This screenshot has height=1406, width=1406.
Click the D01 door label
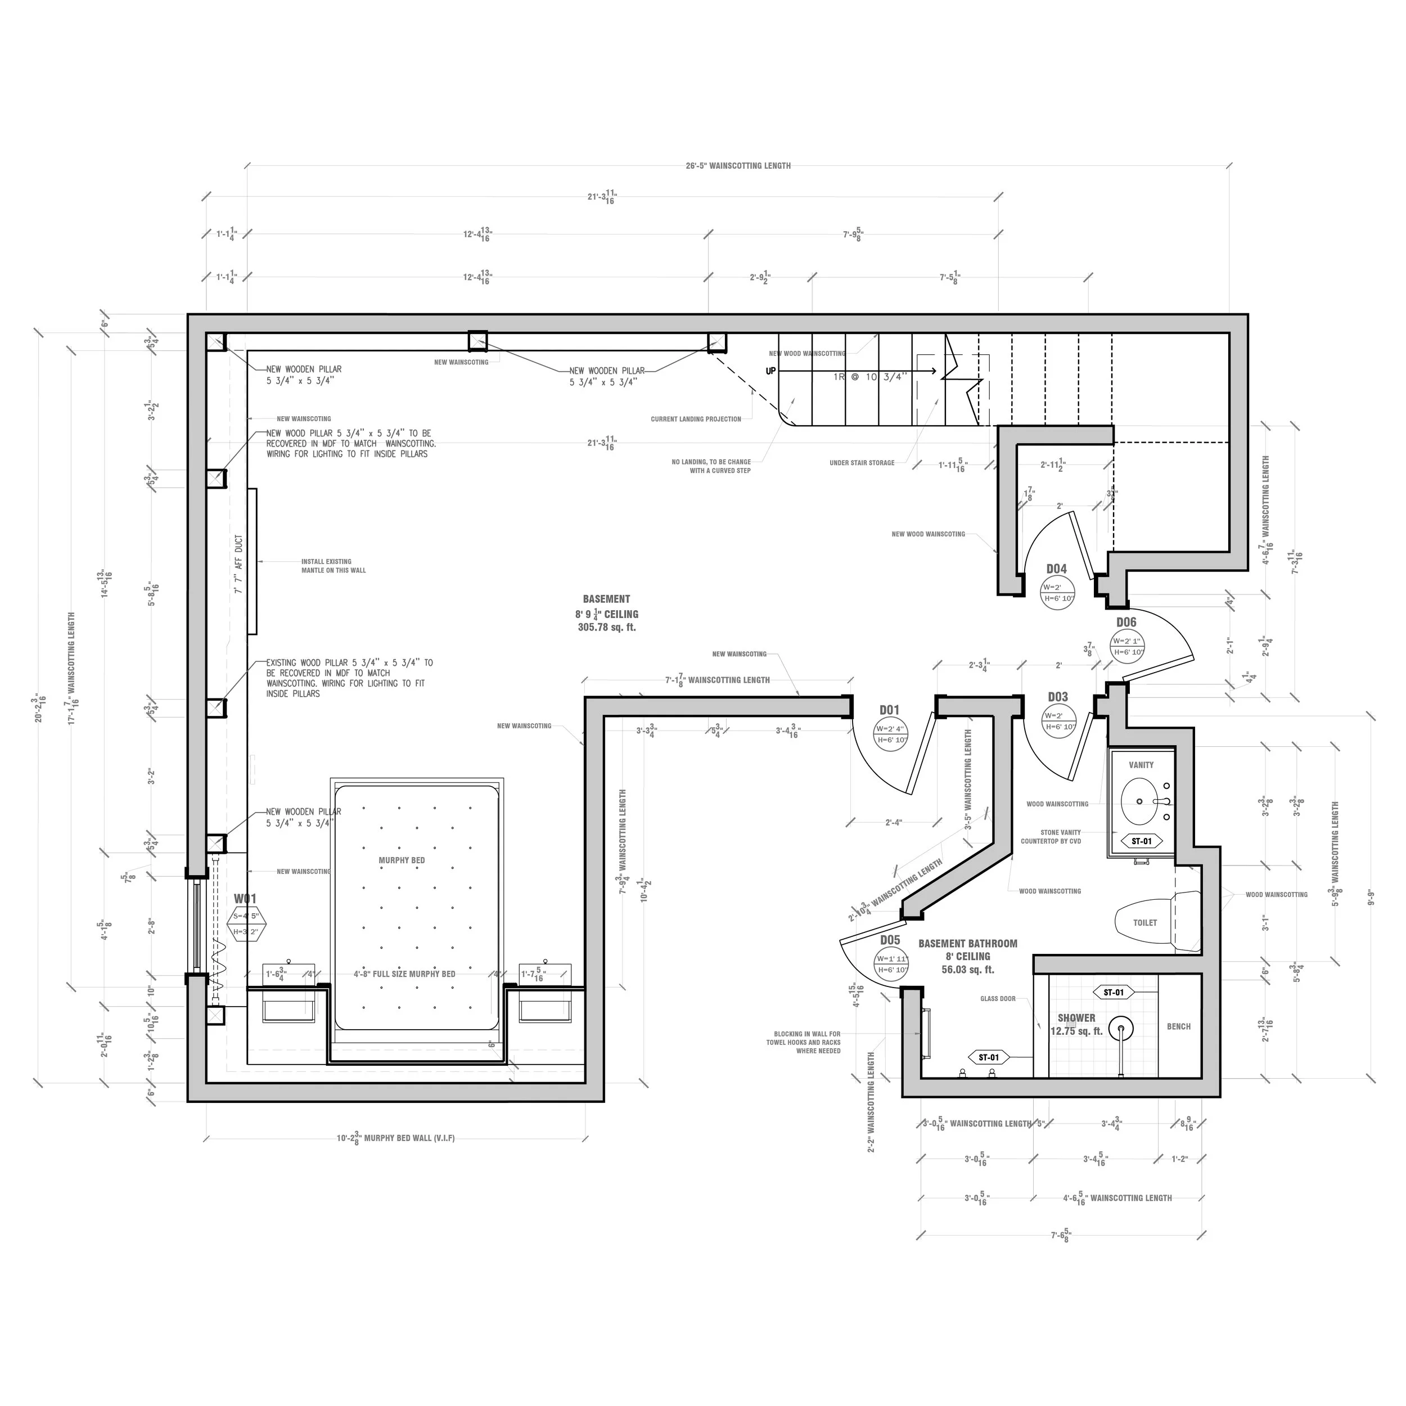click(889, 710)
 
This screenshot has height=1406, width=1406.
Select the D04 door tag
click(1056, 569)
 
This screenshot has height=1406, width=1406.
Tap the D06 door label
click(1126, 622)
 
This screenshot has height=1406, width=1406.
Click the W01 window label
click(245, 899)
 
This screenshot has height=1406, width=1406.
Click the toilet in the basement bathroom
click(1153, 922)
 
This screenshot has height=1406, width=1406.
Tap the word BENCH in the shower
click(1178, 1026)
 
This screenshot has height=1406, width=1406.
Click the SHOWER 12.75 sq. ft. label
click(1076, 1025)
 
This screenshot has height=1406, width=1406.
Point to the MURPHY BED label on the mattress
click(401, 860)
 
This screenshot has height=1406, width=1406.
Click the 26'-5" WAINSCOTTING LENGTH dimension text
click(738, 166)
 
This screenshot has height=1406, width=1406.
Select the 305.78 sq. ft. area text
click(606, 627)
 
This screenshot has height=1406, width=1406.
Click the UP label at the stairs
click(770, 371)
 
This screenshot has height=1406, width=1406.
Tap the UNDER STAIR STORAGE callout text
click(862, 463)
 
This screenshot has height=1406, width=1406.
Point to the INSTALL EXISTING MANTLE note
click(334, 565)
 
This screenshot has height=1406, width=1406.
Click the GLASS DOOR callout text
click(997, 998)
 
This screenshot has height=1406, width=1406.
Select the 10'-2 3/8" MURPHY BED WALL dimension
click(395, 1138)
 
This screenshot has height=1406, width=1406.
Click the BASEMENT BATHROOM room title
click(967, 944)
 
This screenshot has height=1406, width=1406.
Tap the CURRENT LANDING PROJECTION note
click(696, 419)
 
